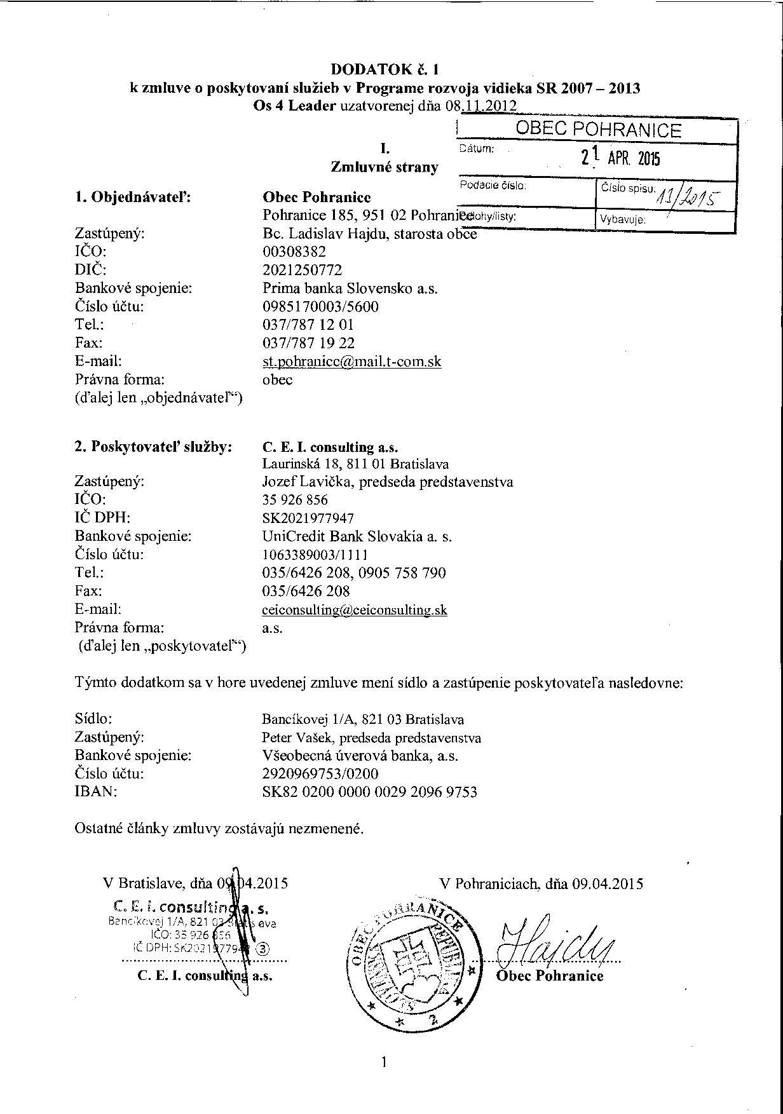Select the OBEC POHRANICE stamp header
(598, 130)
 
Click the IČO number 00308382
(294, 252)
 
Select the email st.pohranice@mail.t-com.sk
(351, 362)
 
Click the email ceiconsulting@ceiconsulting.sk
(354, 610)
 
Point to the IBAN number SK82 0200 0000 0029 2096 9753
(369, 792)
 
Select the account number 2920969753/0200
(320, 774)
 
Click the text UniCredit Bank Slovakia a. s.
(357, 536)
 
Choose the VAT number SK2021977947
(308, 519)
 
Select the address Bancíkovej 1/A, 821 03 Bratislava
(362, 719)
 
